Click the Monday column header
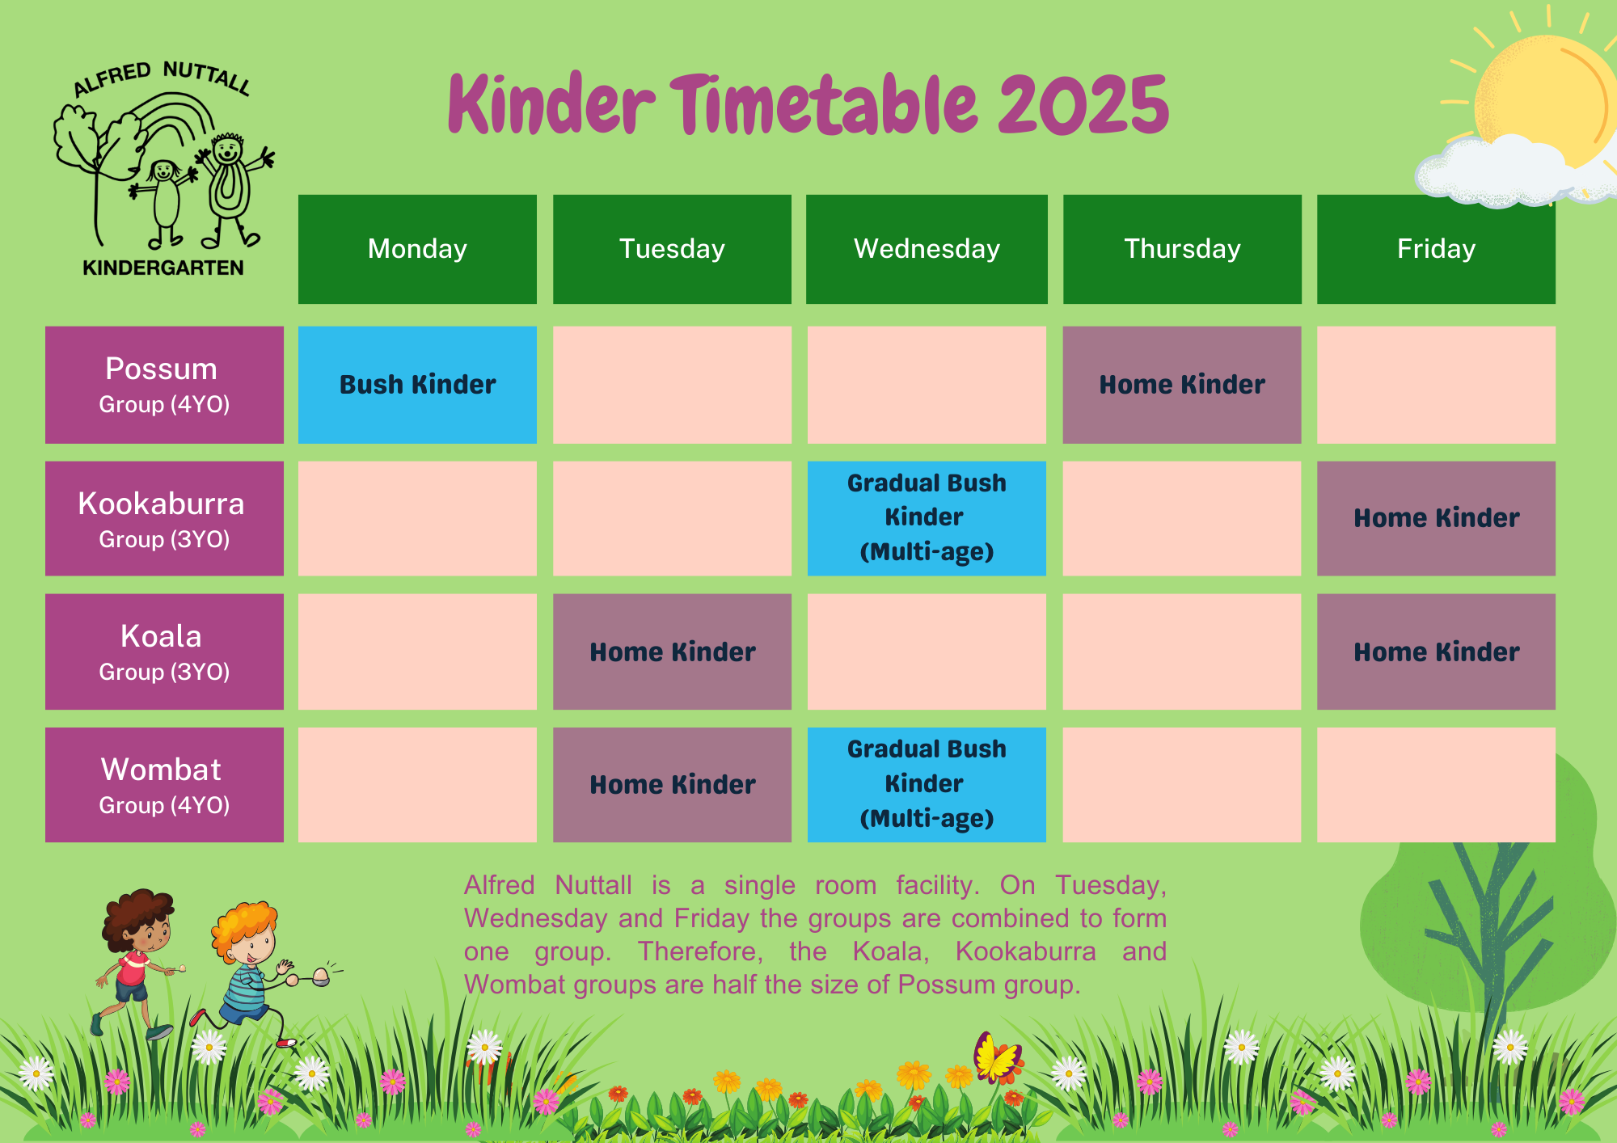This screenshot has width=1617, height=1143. pyautogui.click(x=417, y=249)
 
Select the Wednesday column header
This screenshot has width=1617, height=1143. pyautogui.click(x=927, y=249)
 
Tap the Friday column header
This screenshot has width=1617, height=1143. pyautogui.click(x=1436, y=249)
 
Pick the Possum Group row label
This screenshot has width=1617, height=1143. pyautogui.click(x=164, y=385)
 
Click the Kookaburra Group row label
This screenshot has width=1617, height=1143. pyautogui.click(x=164, y=518)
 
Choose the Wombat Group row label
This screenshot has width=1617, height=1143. pyautogui.click(x=164, y=785)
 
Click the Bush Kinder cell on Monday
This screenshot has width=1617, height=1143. pyautogui.click(x=417, y=385)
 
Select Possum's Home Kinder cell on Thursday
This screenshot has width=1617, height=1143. pyautogui.click(x=1181, y=385)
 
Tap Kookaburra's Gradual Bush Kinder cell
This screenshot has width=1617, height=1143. pyautogui.click(x=927, y=518)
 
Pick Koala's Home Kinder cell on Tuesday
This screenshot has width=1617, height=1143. pyautogui.click(x=672, y=652)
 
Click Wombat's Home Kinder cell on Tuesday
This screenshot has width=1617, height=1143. pyautogui.click(x=672, y=785)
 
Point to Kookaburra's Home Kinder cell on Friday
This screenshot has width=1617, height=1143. pyautogui.click(x=1436, y=518)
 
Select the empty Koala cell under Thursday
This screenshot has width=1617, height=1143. pyautogui.click(x=1181, y=652)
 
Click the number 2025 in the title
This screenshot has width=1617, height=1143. pyautogui.click(x=1083, y=105)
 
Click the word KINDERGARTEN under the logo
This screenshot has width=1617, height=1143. pyautogui.click(x=163, y=268)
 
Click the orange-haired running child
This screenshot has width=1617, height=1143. pyautogui.click(x=251, y=970)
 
